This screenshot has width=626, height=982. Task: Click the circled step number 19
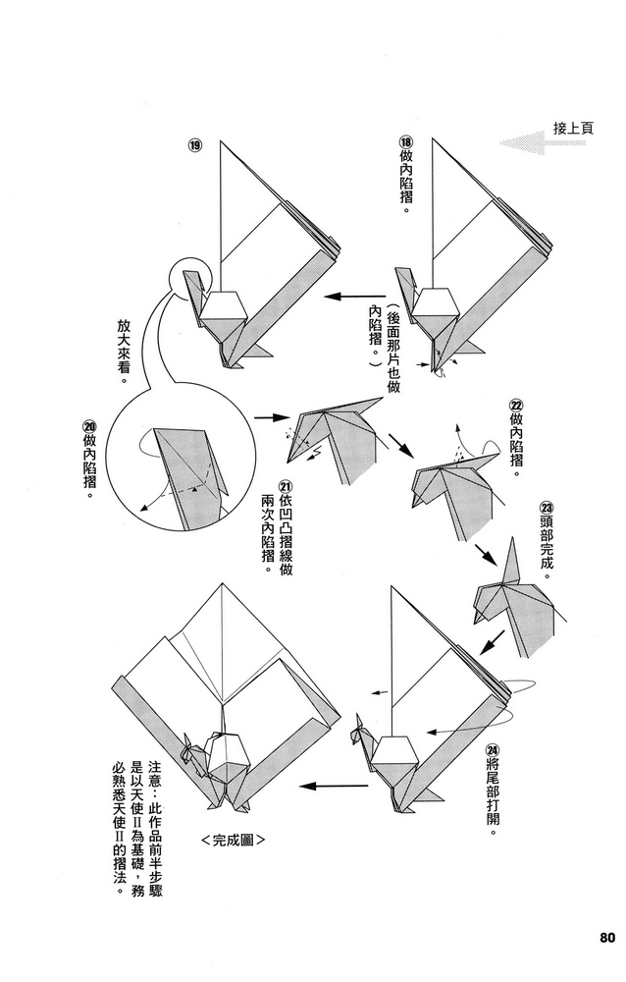tap(195, 146)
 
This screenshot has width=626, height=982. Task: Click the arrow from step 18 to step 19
tap(356, 296)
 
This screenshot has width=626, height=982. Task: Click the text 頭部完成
tap(547, 545)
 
